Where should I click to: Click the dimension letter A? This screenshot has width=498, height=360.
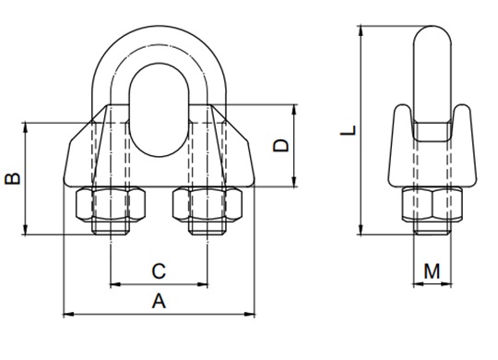(x=159, y=301)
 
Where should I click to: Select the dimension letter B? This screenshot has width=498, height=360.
(x=13, y=179)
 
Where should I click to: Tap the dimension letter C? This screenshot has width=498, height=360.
(x=159, y=271)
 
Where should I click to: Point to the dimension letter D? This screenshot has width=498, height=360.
(x=281, y=146)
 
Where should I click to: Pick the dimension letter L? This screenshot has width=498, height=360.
(x=348, y=130)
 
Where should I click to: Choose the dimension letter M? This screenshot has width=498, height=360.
(x=432, y=271)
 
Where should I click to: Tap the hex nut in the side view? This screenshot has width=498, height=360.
(x=433, y=204)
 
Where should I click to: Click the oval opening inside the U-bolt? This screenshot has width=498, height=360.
(x=159, y=110)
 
